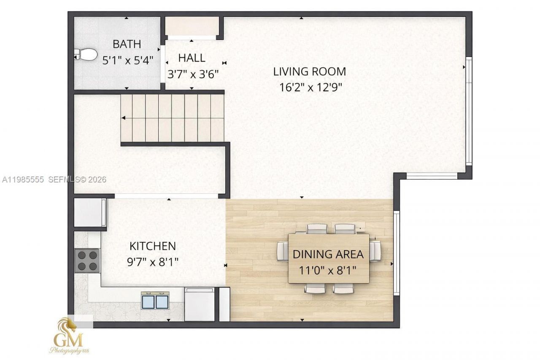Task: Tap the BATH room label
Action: pyautogui.click(x=127, y=44)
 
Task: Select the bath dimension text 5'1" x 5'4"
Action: pyautogui.click(x=127, y=60)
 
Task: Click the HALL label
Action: pyautogui.click(x=192, y=58)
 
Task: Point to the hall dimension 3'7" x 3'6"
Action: pyautogui.click(x=193, y=74)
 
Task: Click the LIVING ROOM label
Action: pyautogui.click(x=309, y=71)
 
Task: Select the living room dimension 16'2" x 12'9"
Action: pyautogui.click(x=310, y=87)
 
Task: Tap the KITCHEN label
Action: pyautogui.click(x=152, y=246)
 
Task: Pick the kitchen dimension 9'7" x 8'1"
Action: pyautogui.click(x=153, y=262)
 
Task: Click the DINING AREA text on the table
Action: pyautogui.click(x=328, y=254)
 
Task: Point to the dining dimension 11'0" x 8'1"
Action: pyautogui.click(x=328, y=270)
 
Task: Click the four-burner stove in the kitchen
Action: pyautogui.click(x=87, y=260)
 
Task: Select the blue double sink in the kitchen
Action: pyautogui.click(x=155, y=301)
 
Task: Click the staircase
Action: pyautogui.click(x=172, y=118)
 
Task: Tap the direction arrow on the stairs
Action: pyautogui.click(x=124, y=118)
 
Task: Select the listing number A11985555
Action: pyautogui.click(x=24, y=179)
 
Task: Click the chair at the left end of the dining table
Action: pyautogui.click(x=282, y=252)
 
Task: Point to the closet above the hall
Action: pyautogui.click(x=192, y=26)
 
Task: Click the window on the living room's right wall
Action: pyautogui.click(x=468, y=111)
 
